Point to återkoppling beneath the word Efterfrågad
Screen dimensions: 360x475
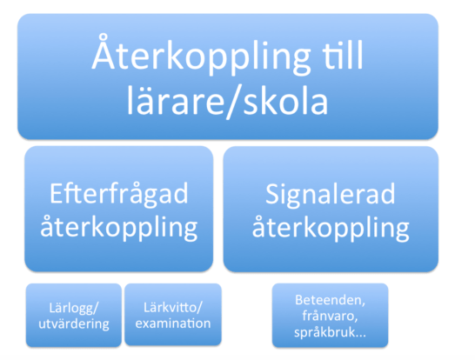coord(118,229)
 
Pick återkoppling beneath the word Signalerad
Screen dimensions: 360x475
coord(330,229)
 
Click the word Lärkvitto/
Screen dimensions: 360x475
coord(173,307)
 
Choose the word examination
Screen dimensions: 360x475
coord(173,323)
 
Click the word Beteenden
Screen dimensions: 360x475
coord(329,299)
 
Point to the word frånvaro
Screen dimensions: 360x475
coord(329,316)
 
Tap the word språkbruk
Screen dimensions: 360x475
coord(324,332)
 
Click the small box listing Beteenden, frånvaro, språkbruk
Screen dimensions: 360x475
coord(330,316)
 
